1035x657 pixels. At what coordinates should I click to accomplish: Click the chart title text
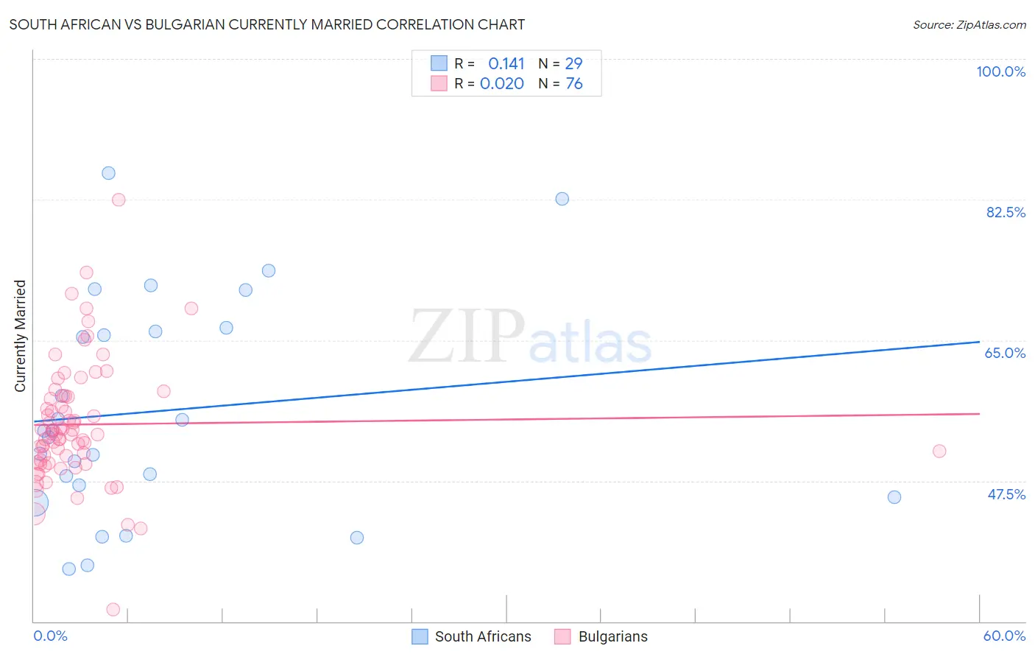pyautogui.click(x=266, y=25)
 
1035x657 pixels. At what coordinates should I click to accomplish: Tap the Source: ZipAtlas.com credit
pyautogui.click(x=969, y=25)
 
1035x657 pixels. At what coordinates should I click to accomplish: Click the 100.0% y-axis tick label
pyautogui.click(x=1000, y=71)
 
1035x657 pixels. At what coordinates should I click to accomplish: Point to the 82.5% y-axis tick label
pyautogui.click(x=1006, y=212)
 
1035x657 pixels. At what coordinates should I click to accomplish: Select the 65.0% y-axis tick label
pyautogui.click(x=1005, y=353)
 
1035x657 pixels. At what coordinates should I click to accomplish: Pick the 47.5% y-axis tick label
pyautogui.click(x=1006, y=494)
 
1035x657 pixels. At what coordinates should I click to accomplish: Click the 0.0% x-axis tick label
pyautogui.click(x=50, y=636)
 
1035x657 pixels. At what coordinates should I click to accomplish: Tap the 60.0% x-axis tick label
pyautogui.click(x=1004, y=636)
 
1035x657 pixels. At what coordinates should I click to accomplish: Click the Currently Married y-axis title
pyautogui.click(x=20, y=336)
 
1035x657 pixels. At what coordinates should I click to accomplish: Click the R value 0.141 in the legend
pyautogui.click(x=506, y=63)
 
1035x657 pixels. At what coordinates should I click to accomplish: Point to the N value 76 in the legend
pyautogui.click(x=574, y=83)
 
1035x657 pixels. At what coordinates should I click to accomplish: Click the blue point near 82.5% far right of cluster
pyautogui.click(x=562, y=199)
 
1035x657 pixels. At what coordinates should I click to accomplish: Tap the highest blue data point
pyautogui.click(x=108, y=173)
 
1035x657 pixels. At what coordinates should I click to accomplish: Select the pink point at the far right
pyautogui.click(x=939, y=452)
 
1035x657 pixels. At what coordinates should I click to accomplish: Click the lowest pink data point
pyautogui.click(x=113, y=609)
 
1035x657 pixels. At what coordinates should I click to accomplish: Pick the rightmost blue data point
pyautogui.click(x=894, y=497)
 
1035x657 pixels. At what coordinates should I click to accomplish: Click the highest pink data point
pyautogui.click(x=119, y=200)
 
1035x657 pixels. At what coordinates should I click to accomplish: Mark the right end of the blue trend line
pyautogui.click(x=979, y=342)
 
